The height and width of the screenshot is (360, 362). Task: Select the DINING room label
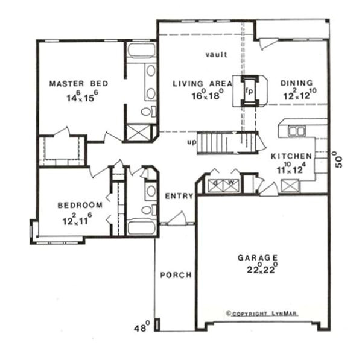tap(297, 83)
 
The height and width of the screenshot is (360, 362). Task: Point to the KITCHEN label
tap(291, 156)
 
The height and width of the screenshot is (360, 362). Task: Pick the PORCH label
tap(176, 275)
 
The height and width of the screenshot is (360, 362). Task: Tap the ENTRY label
tap(179, 196)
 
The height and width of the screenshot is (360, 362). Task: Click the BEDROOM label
tap(80, 205)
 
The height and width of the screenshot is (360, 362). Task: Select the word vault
tap(216, 55)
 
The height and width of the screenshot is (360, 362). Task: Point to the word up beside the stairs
tap(192, 142)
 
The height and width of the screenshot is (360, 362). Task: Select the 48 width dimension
tap(142, 328)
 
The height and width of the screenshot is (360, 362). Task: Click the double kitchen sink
tap(296, 131)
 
